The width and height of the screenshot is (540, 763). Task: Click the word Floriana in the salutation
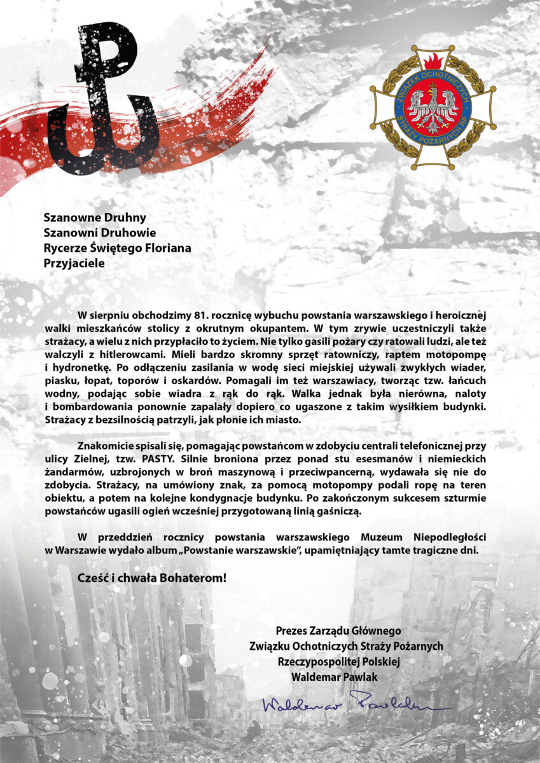[x=169, y=247]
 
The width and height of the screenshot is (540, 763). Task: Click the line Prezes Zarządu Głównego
[x=338, y=631]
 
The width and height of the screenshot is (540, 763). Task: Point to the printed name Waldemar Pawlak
[x=334, y=677]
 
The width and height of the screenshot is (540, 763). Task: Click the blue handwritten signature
[x=356, y=705]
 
